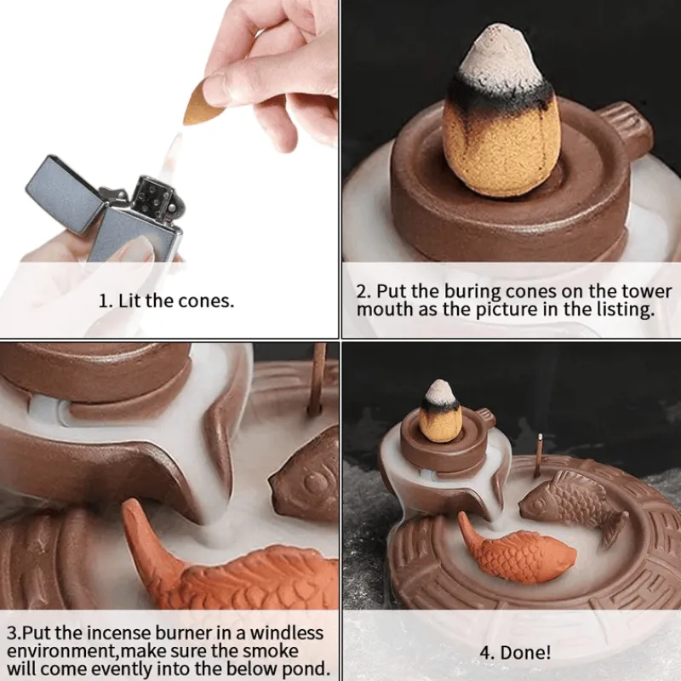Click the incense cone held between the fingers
click(x=200, y=103)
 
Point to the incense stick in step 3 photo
click(x=318, y=378)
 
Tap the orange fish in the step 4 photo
click(x=516, y=548)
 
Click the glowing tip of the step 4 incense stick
click(x=540, y=436)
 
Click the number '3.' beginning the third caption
click(x=14, y=633)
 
